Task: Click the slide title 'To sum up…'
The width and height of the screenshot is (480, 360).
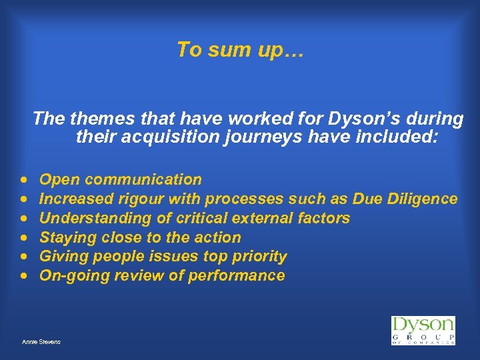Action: pos(240,50)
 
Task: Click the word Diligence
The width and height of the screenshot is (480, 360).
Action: pos(425,199)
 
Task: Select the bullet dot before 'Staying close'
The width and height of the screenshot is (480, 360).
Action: pos(24,238)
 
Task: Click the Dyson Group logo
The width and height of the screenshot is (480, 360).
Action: pos(423,330)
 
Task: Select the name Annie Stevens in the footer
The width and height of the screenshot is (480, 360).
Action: pos(41,342)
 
